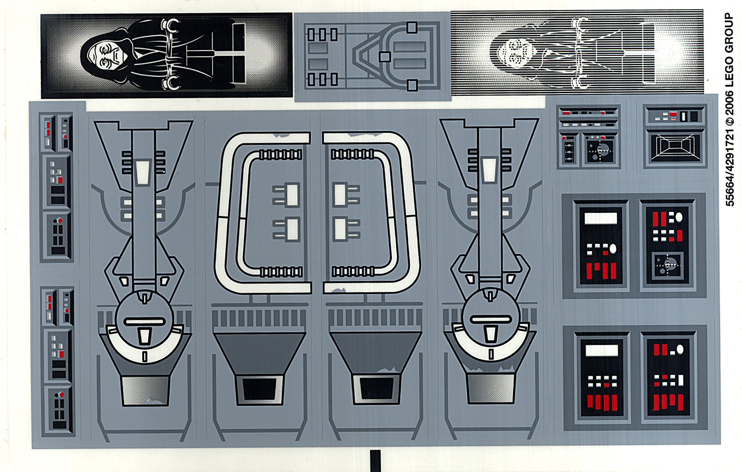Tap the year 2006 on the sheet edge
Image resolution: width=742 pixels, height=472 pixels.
click(x=729, y=103)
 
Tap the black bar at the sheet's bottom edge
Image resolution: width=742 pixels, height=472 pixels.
click(x=375, y=460)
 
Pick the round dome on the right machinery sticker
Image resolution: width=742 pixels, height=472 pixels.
click(x=491, y=316)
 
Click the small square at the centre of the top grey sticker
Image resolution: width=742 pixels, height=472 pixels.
click(x=385, y=57)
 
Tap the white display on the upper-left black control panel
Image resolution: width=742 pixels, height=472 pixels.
click(x=600, y=218)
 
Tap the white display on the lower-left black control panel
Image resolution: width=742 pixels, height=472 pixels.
click(x=601, y=350)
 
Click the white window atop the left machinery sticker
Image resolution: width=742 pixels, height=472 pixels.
click(x=143, y=172)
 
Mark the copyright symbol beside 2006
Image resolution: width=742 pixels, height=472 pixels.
click(x=730, y=120)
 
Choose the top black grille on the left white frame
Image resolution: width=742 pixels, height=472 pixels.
click(x=280, y=155)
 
